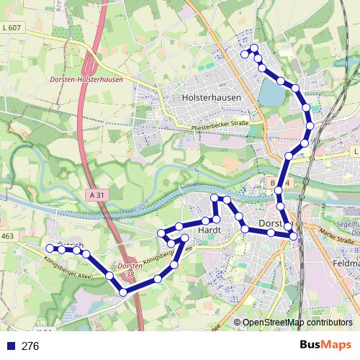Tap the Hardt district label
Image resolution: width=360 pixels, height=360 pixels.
click(x=207, y=230)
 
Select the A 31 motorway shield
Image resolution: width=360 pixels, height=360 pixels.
click(x=100, y=194)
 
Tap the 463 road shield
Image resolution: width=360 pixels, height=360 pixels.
click(x=8, y=235)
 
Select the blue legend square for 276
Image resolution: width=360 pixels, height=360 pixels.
click(x=9, y=346)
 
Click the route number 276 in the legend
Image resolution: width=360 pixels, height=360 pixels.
click(x=30, y=346)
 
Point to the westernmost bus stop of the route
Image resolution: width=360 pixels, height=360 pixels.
click(x=50, y=248)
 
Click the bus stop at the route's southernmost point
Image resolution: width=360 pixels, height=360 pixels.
click(x=123, y=292)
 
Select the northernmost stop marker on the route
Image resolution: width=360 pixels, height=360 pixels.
click(x=254, y=48)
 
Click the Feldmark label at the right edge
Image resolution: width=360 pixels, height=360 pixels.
click(x=347, y=264)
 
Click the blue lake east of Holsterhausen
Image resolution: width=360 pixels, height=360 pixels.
click(x=273, y=93)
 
